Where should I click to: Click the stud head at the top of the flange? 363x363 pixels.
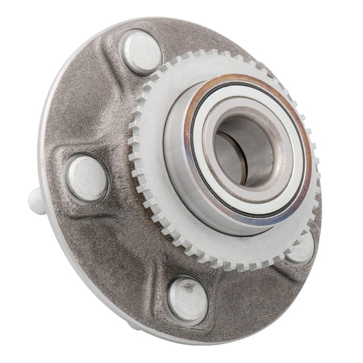click(141, 53)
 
